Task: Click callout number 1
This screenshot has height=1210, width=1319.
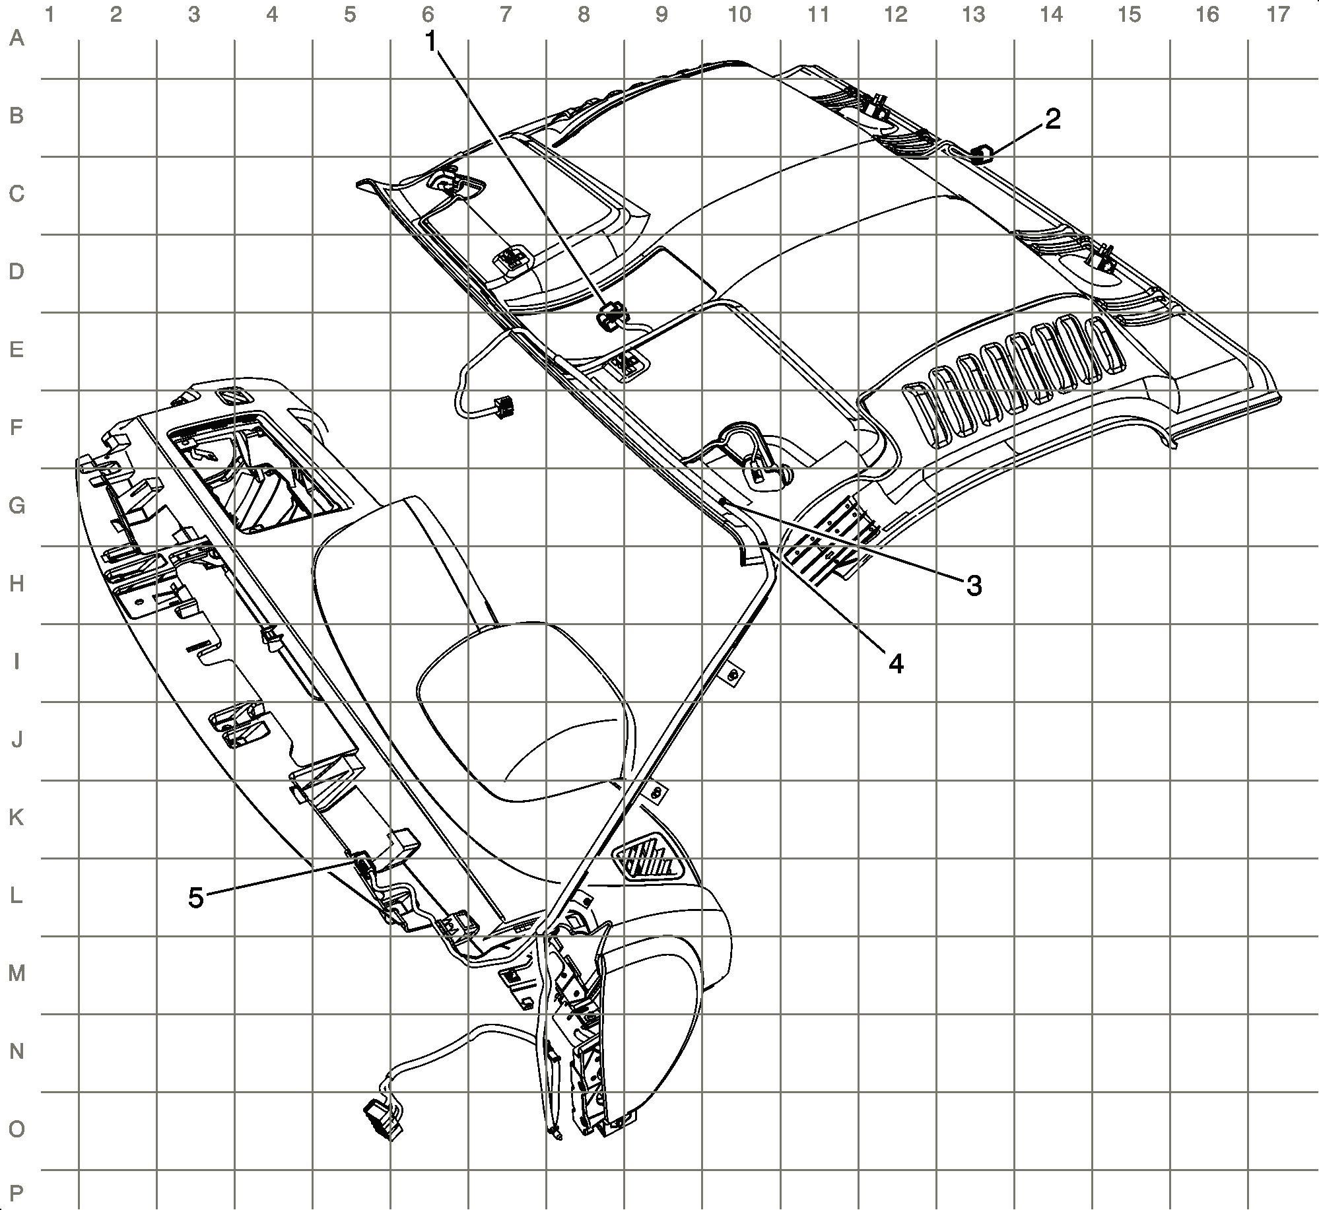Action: click(430, 42)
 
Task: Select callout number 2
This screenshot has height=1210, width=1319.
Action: click(1052, 119)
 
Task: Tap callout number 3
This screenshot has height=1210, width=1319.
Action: click(974, 585)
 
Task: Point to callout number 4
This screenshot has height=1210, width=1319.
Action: click(895, 663)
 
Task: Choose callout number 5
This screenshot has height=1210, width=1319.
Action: click(196, 898)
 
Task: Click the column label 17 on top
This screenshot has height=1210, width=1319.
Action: click(1278, 14)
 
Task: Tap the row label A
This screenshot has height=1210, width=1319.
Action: click(17, 39)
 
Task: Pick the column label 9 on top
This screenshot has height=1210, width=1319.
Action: click(661, 14)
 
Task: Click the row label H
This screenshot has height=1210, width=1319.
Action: click(17, 584)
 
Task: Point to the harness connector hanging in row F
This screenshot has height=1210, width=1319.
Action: click(504, 407)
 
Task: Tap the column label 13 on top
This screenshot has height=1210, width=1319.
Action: click(973, 14)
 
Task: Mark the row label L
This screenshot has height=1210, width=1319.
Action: click(17, 896)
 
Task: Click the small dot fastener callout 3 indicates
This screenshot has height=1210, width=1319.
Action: click(722, 502)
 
